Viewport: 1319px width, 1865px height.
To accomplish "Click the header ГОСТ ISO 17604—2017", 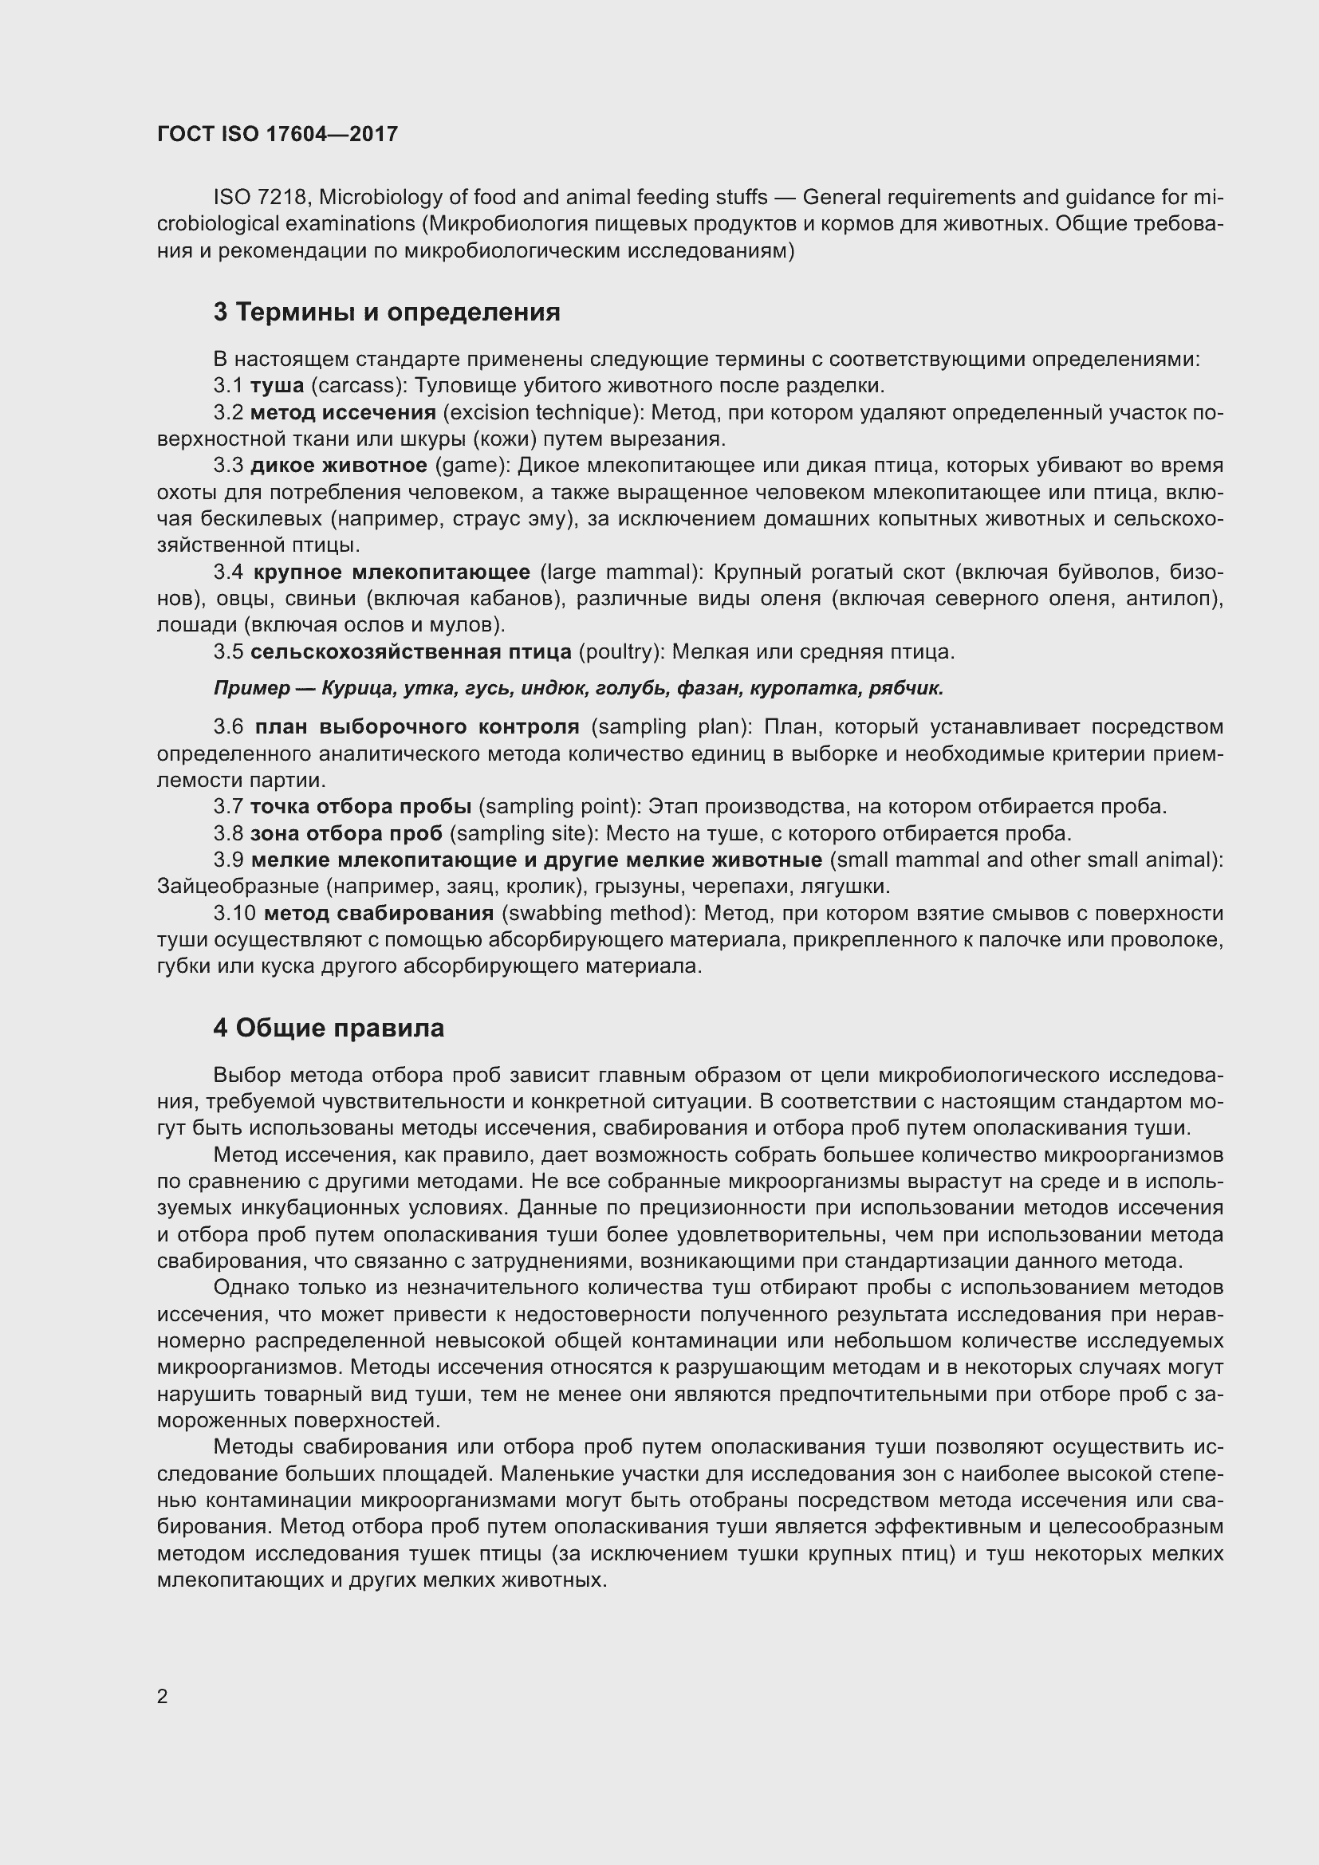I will [x=277, y=134].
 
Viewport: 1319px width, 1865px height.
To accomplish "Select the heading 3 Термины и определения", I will [x=387, y=312].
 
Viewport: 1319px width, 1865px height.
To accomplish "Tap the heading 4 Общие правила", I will [x=328, y=1028].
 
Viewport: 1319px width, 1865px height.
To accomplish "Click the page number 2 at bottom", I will [x=163, y=1696].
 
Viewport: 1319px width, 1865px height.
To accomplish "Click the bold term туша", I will [x=277, y=386].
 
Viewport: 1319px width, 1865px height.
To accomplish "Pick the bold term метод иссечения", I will [x=343, y=413].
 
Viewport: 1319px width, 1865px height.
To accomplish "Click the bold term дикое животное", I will [x=339, y=466].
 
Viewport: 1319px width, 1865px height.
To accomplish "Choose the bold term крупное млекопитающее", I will [x=392, y=572].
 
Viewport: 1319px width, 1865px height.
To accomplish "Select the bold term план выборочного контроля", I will [x=416, y=726].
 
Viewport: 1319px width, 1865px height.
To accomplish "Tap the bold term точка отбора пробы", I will [x=360, y=807].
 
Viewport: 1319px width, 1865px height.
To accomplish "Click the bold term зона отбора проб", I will [x=347, y=833].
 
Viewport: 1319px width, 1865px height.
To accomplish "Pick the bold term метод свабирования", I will [x=379, y=913].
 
